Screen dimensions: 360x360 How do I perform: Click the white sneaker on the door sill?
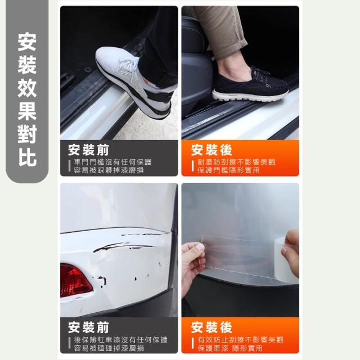pyautogui.click(x=133, y=83)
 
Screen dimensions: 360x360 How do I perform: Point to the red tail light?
pyautogui.click(x=75, y=281)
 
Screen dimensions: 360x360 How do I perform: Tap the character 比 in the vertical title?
pyautogui.click(x=27, y=157)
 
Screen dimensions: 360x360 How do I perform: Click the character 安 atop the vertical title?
pyautogui.click(x=27, y=42)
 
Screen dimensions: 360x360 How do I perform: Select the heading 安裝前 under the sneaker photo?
pyautogui.click(x=88, y=150)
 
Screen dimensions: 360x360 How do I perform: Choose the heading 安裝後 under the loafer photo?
pyautogui.click(x=211, y=150)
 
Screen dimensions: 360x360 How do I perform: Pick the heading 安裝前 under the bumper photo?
pyautogui.click(x=88, y=327)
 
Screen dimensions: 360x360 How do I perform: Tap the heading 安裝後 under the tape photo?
pyautogui.click(x=211, y=327)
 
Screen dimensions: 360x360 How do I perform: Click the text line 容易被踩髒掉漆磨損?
pyautogui.click(x=109, y=170)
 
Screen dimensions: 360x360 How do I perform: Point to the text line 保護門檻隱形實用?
pyautogui.click(x=228, y=170)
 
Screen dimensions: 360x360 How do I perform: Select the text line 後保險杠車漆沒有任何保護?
pyautogui.click(x=121, y=340)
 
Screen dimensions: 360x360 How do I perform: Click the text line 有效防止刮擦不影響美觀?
pyautogui.click(x=241, y=340)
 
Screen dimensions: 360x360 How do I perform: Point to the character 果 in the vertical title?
pyautogui.click(x=27, y=111)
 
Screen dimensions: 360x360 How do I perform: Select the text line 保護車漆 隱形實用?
pyautogui.click(x=230, y=348)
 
